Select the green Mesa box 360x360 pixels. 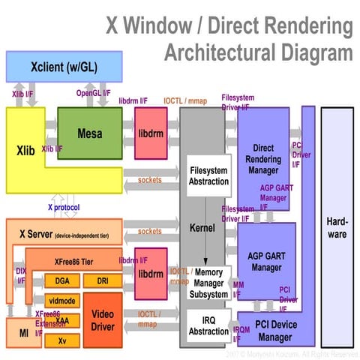(90, 133)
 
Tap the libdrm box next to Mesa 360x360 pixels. (151, 133)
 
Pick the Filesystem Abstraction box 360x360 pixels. (208, 175)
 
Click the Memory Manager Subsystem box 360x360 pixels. (208, 283)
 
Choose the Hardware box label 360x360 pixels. (337, 229)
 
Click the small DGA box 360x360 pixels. (62, 281)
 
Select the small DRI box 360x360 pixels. (101, 281)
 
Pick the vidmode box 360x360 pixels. (62, 301)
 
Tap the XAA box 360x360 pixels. (62, 320)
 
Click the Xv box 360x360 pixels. (62, 340)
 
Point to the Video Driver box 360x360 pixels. (102, 320)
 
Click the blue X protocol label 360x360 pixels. (64, 206)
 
